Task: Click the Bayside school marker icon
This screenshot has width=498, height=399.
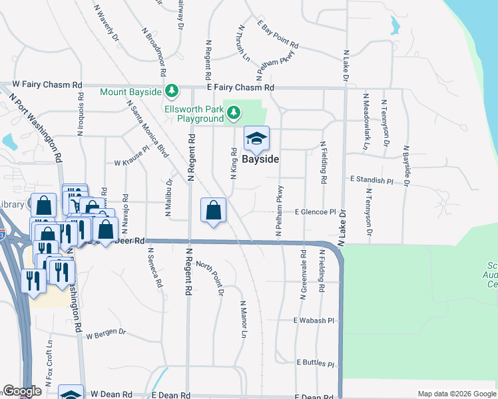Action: tap(256, 139)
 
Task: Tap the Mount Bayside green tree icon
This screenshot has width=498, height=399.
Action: tap(172, 90)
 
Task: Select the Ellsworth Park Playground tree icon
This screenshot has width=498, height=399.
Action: tap(233, 114)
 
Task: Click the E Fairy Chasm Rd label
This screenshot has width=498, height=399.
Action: tap(240, 87)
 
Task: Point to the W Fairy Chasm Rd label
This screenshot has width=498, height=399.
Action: tap(48, 85)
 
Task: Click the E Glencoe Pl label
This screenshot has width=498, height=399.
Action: tap(316, 212)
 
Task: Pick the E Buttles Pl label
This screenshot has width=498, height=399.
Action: tap(316, 364)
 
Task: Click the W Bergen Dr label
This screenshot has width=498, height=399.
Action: tap(105, 332)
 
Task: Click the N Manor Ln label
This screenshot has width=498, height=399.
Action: tap(244, 318)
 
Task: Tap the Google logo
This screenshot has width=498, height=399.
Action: tap(21, 391)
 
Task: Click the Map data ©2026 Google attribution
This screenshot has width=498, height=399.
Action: tap(456, 394)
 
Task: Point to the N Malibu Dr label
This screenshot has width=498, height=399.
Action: tap(168, 197)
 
